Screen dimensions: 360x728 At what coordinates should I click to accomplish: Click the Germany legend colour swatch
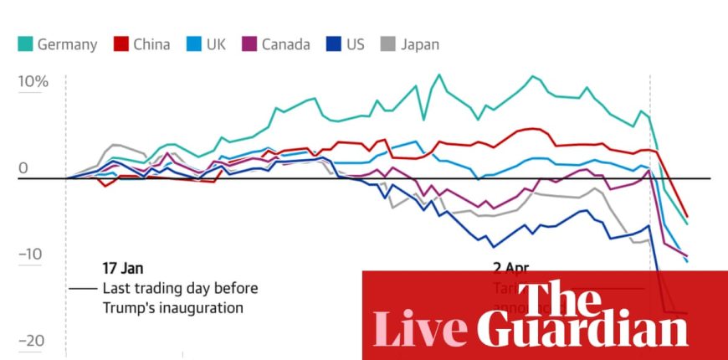tap(24, 44)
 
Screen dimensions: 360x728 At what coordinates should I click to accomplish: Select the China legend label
tap(152, 44)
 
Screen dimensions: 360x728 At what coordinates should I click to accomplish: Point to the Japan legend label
tap(419, 44)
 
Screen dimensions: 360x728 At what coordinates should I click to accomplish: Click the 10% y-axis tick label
tap(33, 82)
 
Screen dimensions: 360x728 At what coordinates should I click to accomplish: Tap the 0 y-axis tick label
tap(23, 168)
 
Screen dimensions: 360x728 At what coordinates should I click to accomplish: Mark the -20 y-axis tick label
tap(31, 341)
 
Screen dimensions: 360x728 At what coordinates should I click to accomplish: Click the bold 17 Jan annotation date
tap(123, 268)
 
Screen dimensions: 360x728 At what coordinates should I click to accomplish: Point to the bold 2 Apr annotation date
tap(510, 269)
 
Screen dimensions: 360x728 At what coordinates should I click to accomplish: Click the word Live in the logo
tap(418, 328)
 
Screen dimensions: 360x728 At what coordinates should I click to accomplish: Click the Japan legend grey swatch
tap(387, 44)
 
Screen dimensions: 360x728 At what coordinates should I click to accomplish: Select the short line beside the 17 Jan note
tap(83, 288)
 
